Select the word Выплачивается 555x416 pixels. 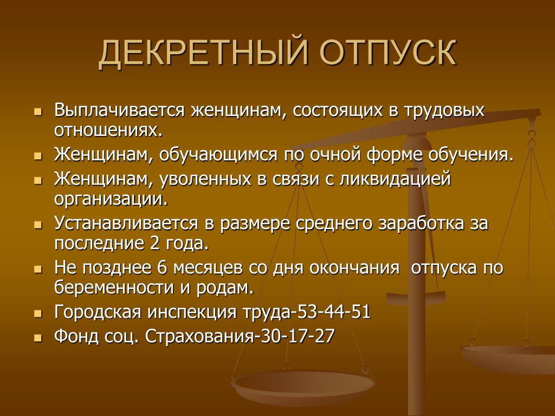point(119,110)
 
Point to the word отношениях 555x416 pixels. point(108,131)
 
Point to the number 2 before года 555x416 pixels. point(154,243)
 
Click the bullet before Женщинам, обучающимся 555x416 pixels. point(38,156)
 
